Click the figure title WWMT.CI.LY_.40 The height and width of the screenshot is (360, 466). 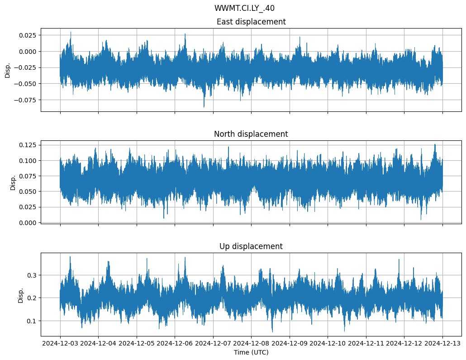tap(244, 8)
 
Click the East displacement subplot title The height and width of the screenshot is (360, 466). tap(251, 22)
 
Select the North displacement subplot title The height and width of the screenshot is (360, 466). tap(251, 134)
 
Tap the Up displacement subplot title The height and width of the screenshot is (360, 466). tap(251, 246)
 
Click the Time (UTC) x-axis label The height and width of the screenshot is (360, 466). tap(251, 352)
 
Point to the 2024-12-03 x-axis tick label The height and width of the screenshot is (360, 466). tap(60, 344)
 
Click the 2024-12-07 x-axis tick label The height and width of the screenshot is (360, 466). tap(213, 344)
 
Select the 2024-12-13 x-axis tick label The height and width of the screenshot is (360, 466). tap(442, 344)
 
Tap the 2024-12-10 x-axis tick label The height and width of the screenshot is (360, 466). tap(328, 344)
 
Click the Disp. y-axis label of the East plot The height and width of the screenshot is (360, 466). tap(8, 70)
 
